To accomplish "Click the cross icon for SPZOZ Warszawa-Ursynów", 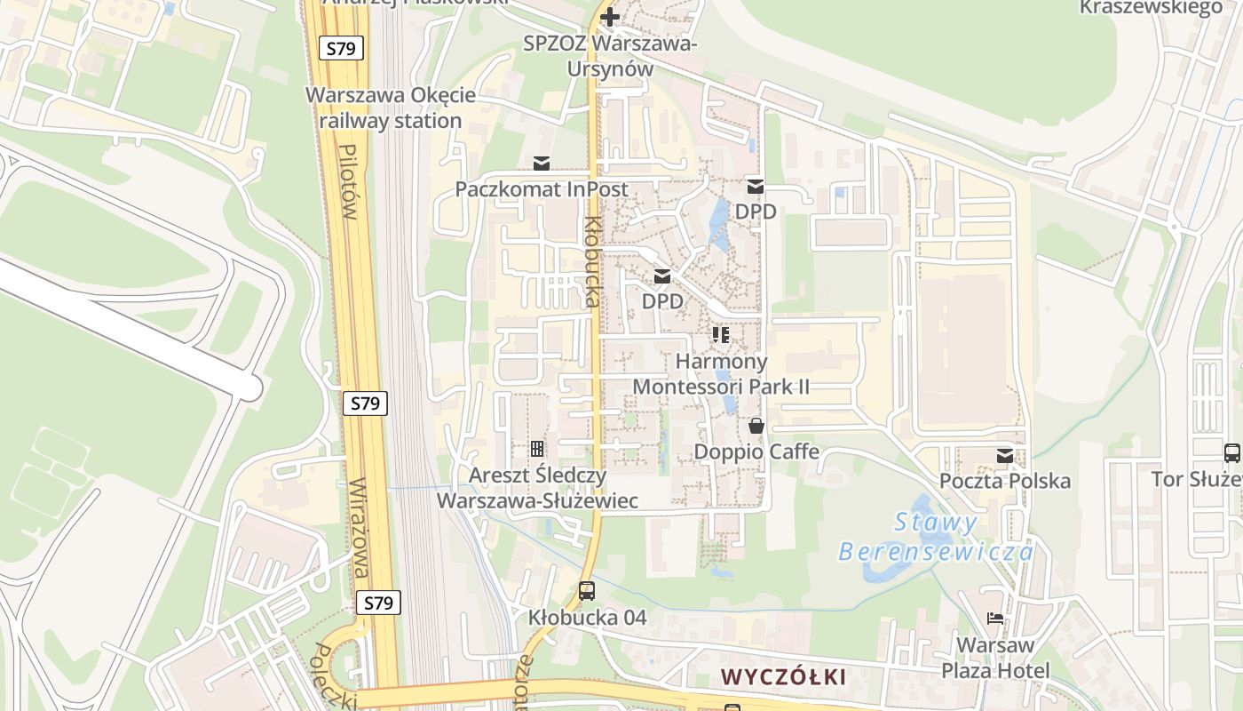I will pos(609,17).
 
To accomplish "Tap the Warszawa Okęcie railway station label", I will pos(391,108).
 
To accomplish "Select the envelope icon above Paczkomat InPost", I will pos(542,164).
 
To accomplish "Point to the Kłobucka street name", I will pos(592,261).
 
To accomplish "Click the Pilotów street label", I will pos(348,182).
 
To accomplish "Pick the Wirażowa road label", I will pos(360,528).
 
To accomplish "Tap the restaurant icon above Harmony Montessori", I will pos(721,335).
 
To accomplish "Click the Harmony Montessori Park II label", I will pos(721,374).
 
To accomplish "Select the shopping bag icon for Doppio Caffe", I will pos(756,426).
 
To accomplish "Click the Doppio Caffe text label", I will pos(756,451).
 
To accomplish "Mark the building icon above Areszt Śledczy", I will pos(537,449).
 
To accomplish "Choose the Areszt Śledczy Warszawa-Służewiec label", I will pos(537,488).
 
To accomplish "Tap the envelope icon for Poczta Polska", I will pos(1005,456).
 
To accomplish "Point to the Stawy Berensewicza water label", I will pos(936,537).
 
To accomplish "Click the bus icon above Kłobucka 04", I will pos(587,591).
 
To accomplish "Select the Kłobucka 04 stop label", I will pos(587,617).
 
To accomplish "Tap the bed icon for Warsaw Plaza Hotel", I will pos(995,619).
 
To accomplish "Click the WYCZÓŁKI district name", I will pos(783,676).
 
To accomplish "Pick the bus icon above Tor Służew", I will pos(1231,453).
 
